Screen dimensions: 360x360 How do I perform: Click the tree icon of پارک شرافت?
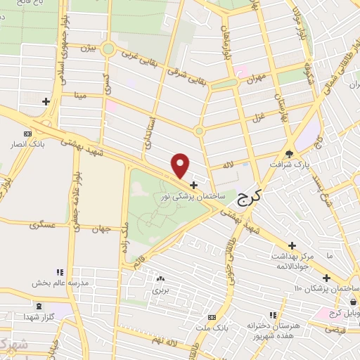(290, 155)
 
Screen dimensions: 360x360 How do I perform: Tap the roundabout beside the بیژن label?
(108, 49)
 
